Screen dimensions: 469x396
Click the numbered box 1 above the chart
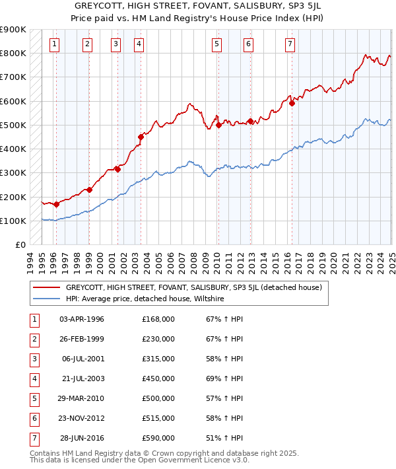(53, 44)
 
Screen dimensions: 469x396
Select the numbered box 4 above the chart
(139, 44)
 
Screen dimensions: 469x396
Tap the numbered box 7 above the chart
(290, 44)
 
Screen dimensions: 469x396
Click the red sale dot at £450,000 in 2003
(141, 137)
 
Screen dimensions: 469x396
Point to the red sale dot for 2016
(292, 103)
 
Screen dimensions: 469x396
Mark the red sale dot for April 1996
(56, 204)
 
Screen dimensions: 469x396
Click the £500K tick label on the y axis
(13, 125)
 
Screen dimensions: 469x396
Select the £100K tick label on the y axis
(13, 221)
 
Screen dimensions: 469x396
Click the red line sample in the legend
(46, 288)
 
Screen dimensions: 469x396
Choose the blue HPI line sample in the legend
(46, 299)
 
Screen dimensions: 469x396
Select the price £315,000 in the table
(158, 359)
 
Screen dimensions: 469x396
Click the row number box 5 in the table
(34, 398)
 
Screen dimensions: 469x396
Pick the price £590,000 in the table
(158, 438)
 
